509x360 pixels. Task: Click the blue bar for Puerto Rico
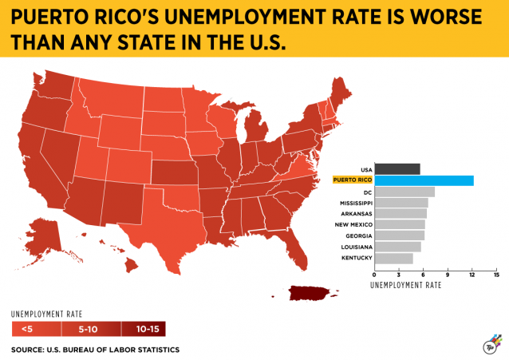tap(424, 180)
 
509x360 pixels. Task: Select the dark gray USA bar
tap(397, 168)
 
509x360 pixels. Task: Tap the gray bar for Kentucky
tap(393, 259)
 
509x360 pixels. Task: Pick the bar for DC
tap(404, 192)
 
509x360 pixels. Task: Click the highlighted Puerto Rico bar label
tap(351, 180)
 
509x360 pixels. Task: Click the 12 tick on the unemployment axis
tap(472, 275)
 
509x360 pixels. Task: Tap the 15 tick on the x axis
tap(496, 275)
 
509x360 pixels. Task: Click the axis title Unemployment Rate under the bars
tap(406, 285)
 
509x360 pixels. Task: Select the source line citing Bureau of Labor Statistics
tap(95, 350)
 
